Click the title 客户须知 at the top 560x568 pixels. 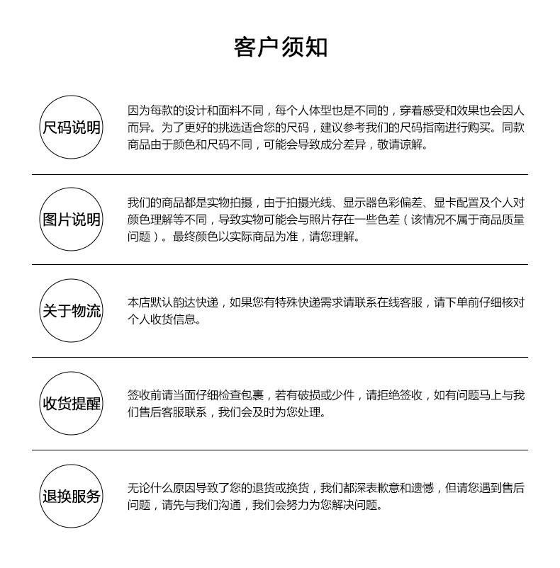(280, 47)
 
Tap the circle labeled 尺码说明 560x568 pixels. (72, 127)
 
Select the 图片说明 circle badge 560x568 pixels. (72, 220)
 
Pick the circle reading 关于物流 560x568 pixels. (72, 311)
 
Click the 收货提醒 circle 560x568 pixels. (72, 404)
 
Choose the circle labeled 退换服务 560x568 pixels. (72, 496)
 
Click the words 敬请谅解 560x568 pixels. (402, 145)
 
